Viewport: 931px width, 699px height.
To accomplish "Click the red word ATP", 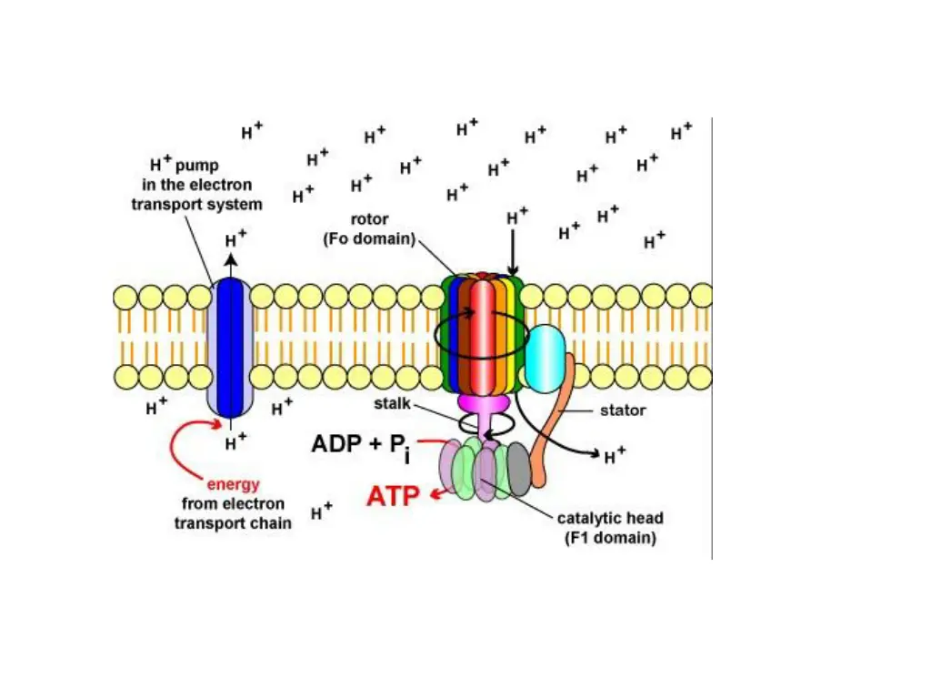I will pyautogui.click(x=393, y=496).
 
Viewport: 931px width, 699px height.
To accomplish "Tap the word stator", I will pyautogui.click(x=623, y=410).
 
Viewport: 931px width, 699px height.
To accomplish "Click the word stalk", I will pyautogui.click(x=393, y=402).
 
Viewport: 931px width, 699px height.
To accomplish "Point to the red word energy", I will pyautogui.click(x=233, y=484).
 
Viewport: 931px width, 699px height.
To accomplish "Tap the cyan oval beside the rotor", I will pyautogui.click(x=546, y=359).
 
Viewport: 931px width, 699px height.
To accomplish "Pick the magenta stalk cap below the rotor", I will pyautogui.click(x=481, y=401).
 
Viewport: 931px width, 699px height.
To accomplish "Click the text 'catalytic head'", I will pyautogui.click(x=610, y=519).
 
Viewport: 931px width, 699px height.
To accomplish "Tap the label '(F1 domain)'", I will pyautogui.click(x=611, y=538).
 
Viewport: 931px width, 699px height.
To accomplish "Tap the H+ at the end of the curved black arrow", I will pyautogui.click(x=615, y=454).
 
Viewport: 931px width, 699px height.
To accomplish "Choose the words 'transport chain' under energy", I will pyautogui.click(x=233, y=522).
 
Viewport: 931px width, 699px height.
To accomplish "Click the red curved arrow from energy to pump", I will pyautogui.click(x=186, y=451).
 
